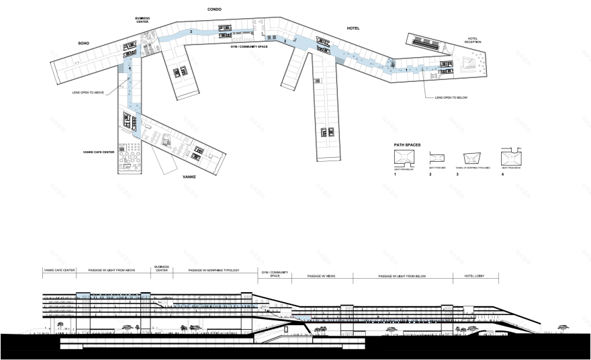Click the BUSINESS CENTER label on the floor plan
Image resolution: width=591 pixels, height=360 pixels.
point(142,20)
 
